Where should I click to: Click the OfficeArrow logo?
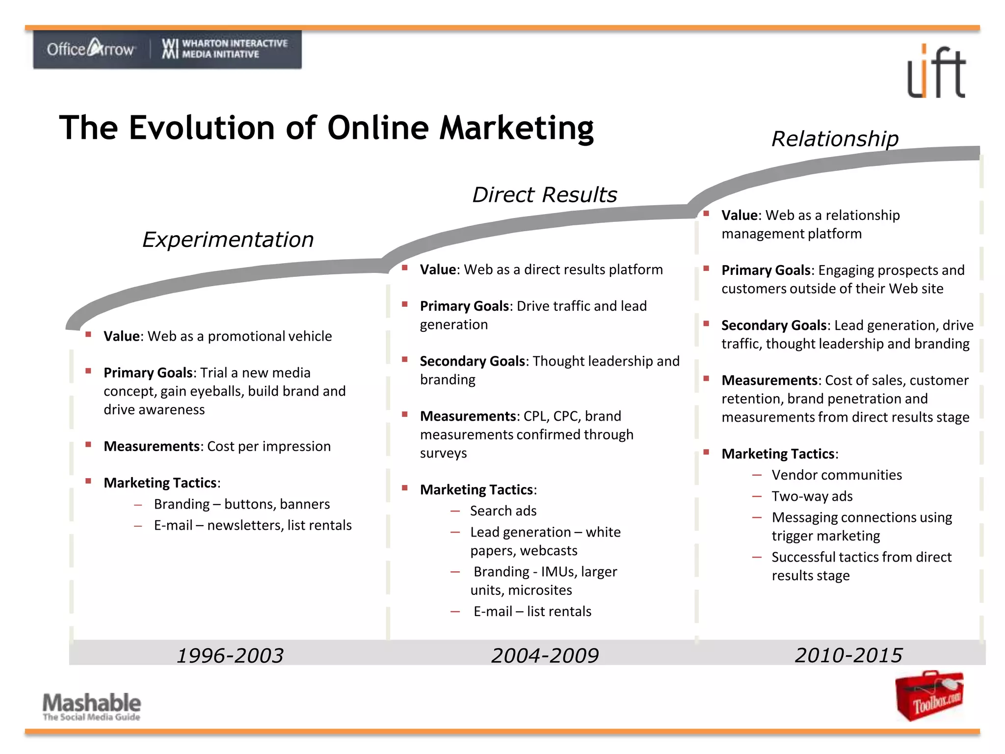[91, 49]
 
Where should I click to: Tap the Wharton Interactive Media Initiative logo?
[225, 49]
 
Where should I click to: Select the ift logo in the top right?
[936, 72]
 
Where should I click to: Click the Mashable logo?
[92, 705]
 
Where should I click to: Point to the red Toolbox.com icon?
[929, 696]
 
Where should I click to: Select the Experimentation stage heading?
[228, 240]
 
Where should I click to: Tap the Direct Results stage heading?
[544, 195]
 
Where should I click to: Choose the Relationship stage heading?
[835, 139]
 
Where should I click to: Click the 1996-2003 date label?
[230, 655]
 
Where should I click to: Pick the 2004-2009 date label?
[545, 655]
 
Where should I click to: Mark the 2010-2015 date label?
[848, 655]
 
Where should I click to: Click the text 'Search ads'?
[503, 511]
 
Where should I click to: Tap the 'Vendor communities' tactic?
[837, 475]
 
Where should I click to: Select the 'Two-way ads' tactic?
[812, 496]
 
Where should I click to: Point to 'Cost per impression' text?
[269, 446]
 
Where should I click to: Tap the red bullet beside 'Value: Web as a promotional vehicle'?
[88, 335]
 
